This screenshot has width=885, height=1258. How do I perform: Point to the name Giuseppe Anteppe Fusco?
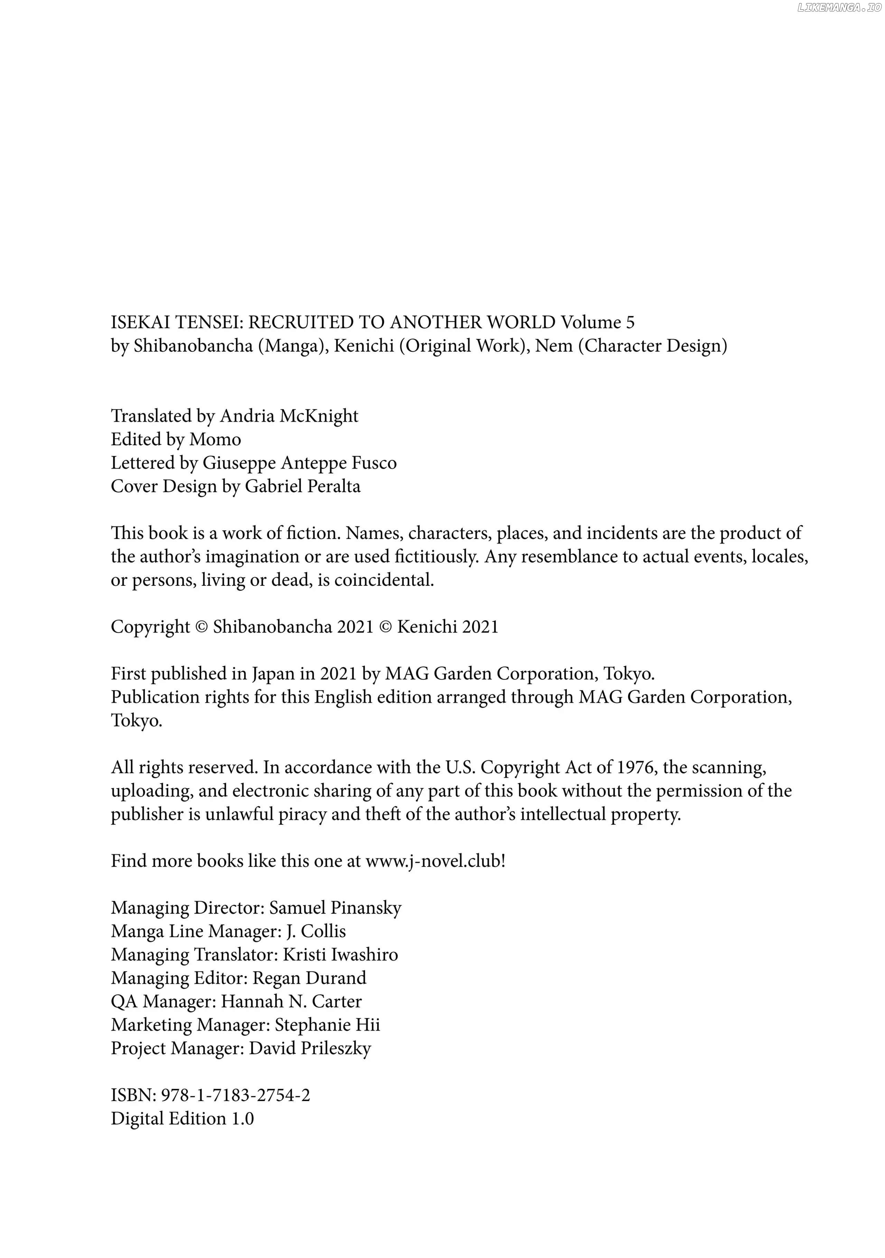299,463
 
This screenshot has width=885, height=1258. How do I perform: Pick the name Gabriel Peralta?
302,487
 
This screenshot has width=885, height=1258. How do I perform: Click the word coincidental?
384,580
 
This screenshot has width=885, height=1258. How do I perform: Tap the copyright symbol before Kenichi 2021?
386,627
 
